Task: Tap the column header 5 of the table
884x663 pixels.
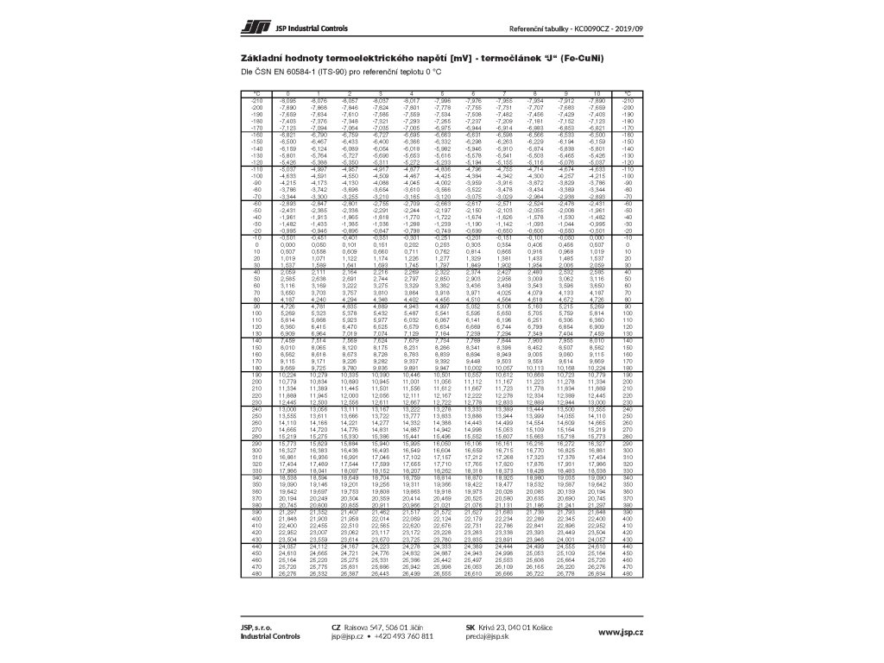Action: tap(441, 92)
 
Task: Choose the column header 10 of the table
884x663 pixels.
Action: tap(595, 92)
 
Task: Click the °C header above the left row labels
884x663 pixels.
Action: tap(256, 92)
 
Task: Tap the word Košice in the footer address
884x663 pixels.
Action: tap(543, 627)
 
